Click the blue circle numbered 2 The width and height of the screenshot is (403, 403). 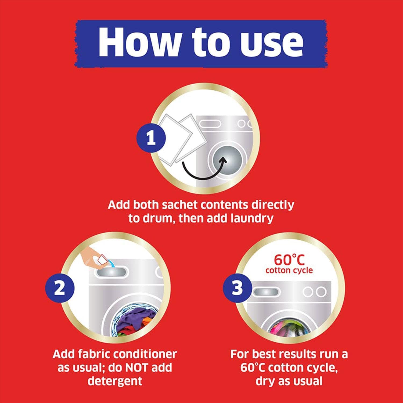[59, 288]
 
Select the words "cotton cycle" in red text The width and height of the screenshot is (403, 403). [289, 270]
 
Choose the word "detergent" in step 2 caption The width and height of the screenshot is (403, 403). [115, 381]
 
